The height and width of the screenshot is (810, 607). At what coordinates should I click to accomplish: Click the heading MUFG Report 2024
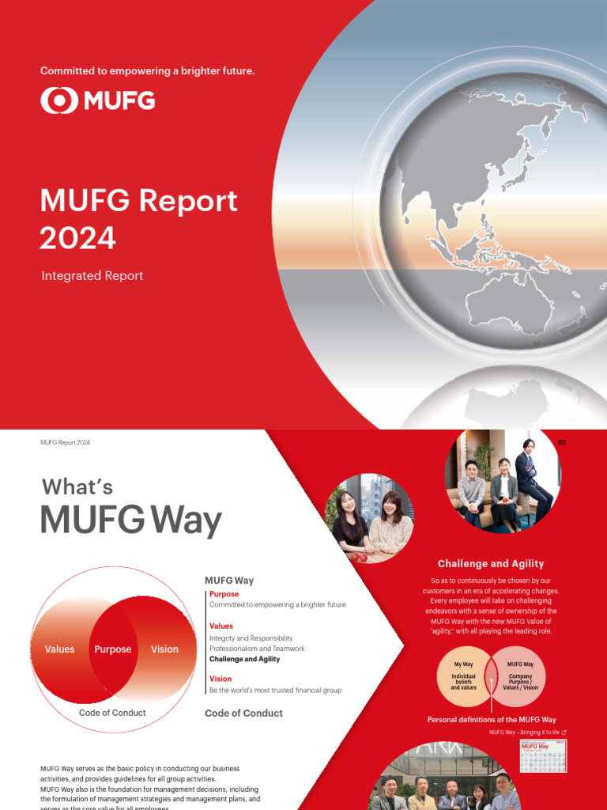tap(138, 218)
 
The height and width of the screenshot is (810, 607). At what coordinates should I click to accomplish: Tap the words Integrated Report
tap(92, 276)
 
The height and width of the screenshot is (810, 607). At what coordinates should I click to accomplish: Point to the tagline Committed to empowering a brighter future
tap(148, 71)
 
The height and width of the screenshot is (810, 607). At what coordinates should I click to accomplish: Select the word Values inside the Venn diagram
tap(59, 649)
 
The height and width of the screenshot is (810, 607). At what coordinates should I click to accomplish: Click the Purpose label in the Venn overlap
tap(113, 649)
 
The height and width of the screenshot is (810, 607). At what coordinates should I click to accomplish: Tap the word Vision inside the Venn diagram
tap(164, 649)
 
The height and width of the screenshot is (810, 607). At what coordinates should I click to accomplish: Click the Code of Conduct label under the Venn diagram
tap(112, 713)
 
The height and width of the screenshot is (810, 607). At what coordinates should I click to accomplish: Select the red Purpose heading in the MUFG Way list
tap(224, 594)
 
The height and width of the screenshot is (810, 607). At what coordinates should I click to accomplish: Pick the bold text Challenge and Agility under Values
tap(244, 659)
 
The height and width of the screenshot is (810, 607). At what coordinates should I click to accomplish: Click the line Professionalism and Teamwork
tap(257, 649)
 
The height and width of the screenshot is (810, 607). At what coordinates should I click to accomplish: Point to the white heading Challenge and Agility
tap(491, 564)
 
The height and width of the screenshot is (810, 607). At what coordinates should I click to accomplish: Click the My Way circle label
tap(463, 664)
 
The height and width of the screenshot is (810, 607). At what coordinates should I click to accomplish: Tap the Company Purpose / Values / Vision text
tap(520, 682)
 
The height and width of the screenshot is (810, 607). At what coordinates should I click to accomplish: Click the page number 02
tap(562, 442)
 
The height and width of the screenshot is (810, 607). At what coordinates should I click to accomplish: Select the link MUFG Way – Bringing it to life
tap(525, 732)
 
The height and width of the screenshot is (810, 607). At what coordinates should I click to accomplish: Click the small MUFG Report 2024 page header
tap(65, 443)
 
